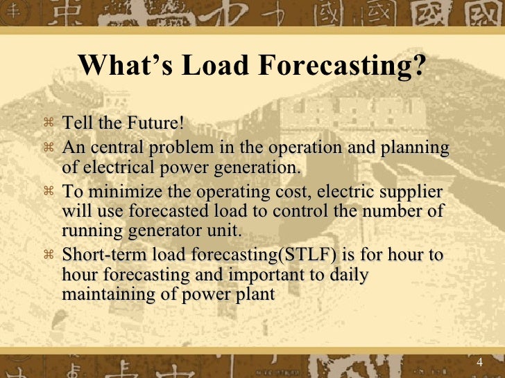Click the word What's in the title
tap(122, 67)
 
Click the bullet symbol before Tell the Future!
tap(49, 125)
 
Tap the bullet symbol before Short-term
tap(49, 255)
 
